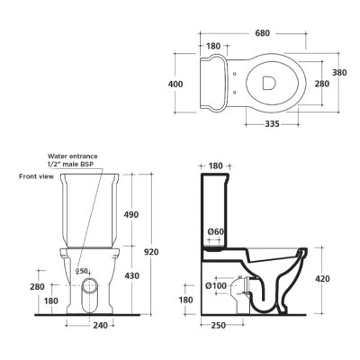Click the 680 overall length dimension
263,33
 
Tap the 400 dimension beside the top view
175,85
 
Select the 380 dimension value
339,73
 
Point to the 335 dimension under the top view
272,123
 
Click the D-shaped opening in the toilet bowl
269,83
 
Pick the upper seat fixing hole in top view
235,73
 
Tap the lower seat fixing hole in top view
235,93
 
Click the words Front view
37,176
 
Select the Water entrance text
73,157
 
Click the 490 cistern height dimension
131,215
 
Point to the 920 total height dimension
151,252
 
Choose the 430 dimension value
131,275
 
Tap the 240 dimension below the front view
100,325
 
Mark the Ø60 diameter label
216,232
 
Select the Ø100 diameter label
216,285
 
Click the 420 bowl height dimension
322,279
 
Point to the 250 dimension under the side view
218,325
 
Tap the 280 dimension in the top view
322,84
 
